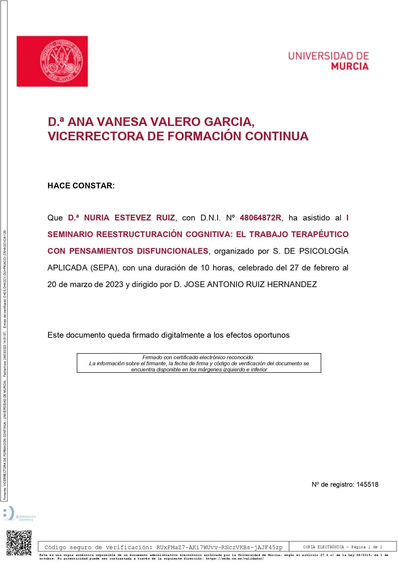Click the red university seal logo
[61, 61]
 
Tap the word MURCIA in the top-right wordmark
[350, 66]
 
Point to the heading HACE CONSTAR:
[81, 186]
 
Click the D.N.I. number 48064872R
[260, 218]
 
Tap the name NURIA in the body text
[97, 218]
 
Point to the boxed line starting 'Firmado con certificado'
[198, 357]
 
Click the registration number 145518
[367, 484]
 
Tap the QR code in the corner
[19, 543]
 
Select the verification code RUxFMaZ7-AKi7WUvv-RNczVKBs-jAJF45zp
[219, 547]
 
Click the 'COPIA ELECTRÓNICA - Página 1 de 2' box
[343, 547]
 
